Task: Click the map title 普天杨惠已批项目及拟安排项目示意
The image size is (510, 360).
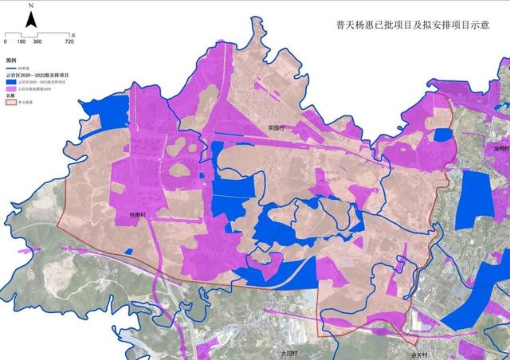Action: [412, 25]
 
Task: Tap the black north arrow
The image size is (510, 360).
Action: [30, 20]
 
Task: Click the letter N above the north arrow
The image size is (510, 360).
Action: [30, 6]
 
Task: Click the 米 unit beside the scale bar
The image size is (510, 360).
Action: [72, 35]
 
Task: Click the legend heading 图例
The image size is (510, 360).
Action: [11, 61]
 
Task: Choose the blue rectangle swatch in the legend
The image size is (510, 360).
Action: [11, 81]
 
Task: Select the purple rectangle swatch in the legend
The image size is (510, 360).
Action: [11, 88]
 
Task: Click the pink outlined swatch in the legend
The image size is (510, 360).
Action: [11, 102]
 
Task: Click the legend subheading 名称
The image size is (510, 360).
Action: [10, 96]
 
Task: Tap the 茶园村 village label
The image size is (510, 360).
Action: [277, 127]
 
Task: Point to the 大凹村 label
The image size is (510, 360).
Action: [288, 351]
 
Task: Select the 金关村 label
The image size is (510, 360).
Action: [420, 354]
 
